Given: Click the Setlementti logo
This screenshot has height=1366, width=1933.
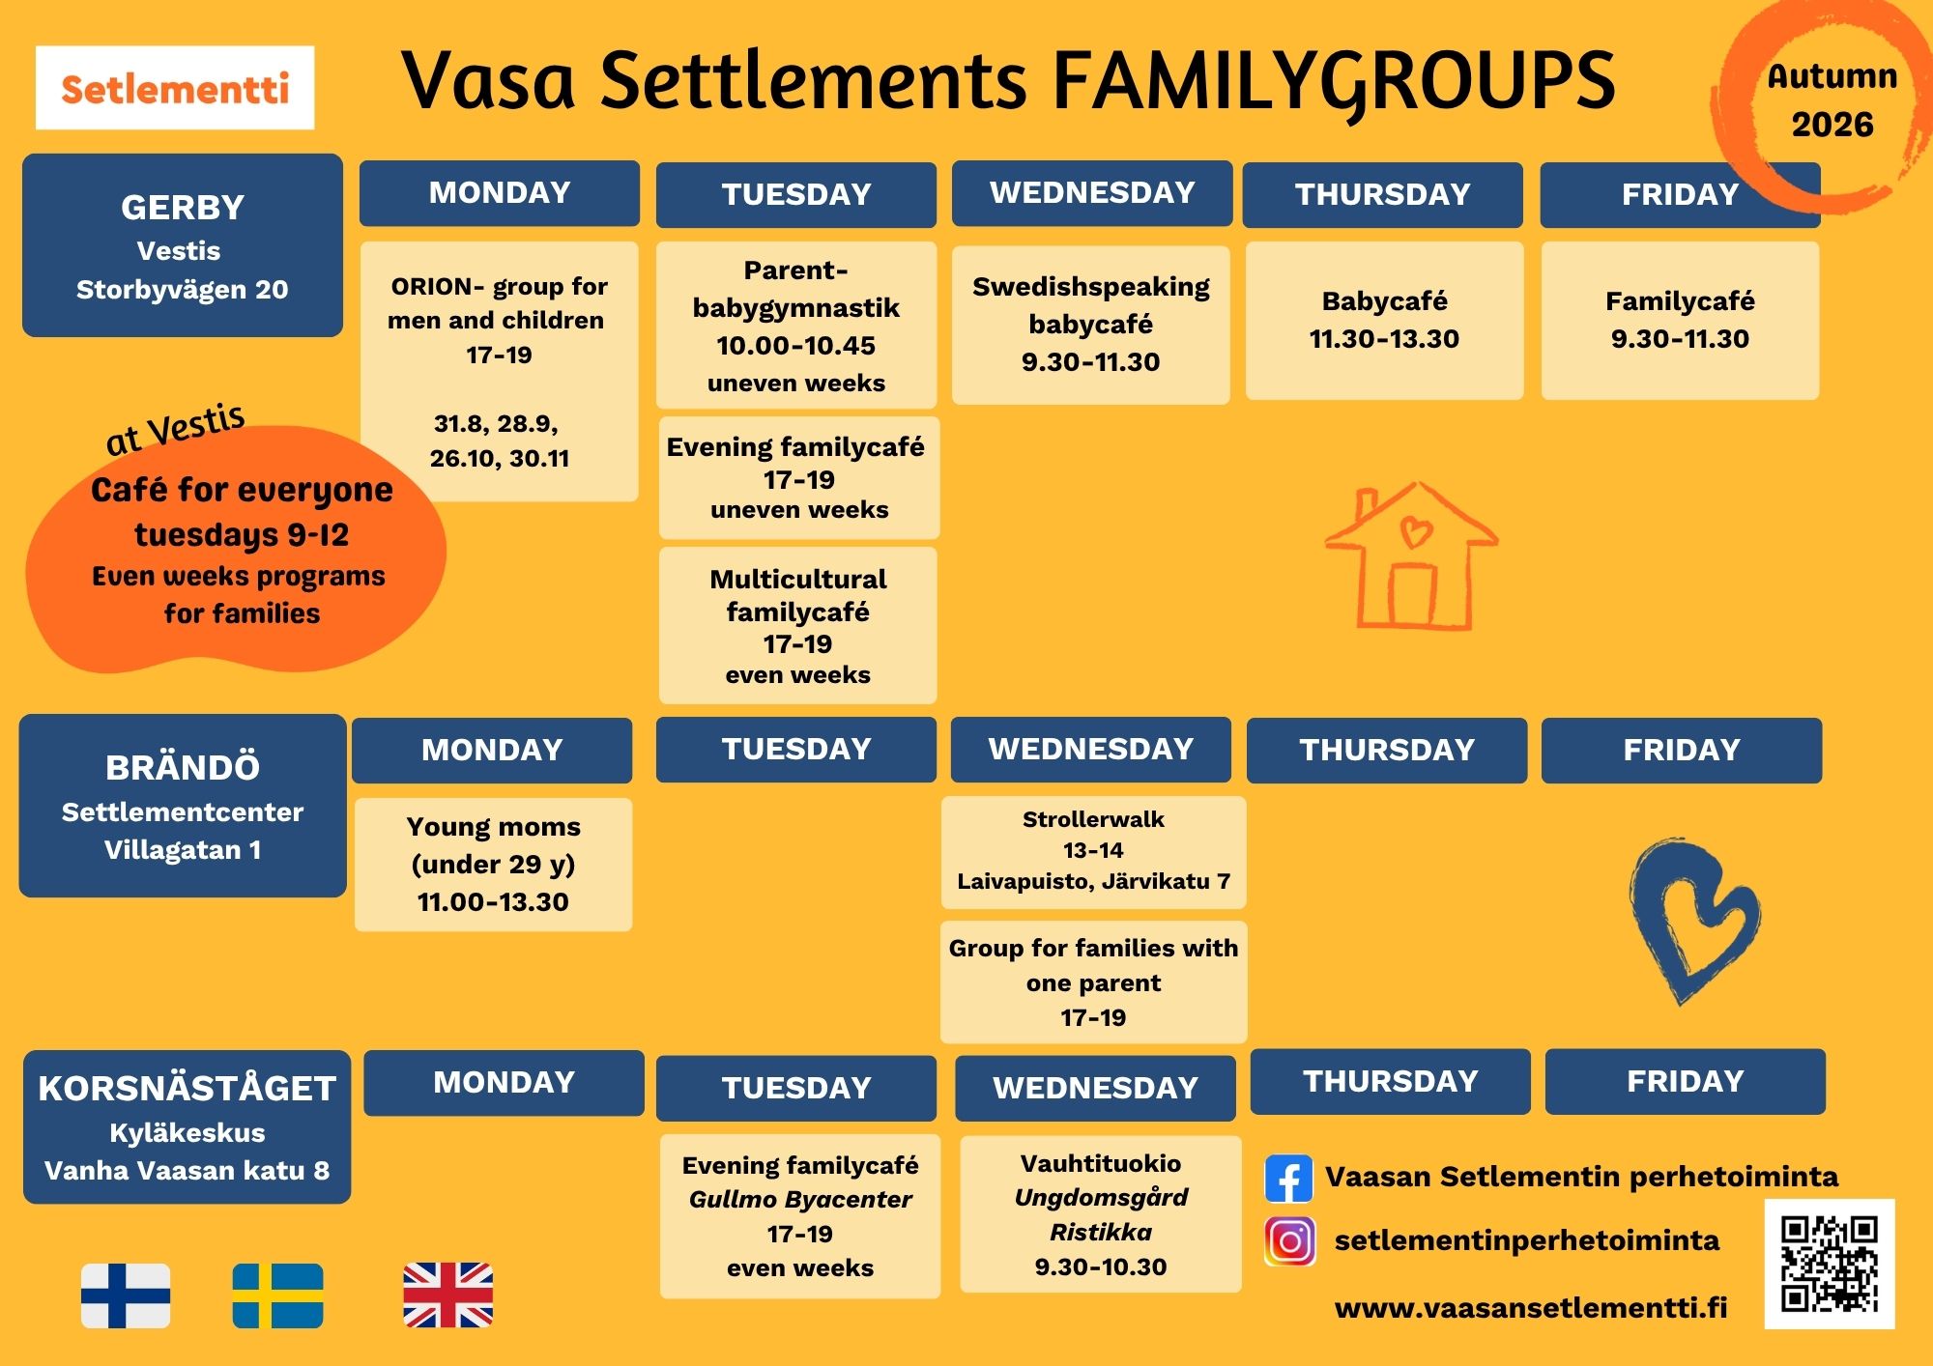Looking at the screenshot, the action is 175,88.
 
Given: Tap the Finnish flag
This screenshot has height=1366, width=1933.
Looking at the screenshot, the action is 126,1295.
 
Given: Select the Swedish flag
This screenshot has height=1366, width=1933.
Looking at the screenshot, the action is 278,1295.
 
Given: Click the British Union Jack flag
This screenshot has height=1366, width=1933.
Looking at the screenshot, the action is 448,1295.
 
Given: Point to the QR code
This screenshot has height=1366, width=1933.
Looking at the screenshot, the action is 1830,1264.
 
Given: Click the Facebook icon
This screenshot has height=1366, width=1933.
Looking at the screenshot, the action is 1288,1178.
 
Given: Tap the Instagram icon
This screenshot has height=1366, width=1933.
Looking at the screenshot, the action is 1289,1241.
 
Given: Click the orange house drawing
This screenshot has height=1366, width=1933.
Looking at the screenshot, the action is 1412,557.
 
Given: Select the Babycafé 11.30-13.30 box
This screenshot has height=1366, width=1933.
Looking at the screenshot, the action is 1384,321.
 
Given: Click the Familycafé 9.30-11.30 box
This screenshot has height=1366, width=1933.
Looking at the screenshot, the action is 1680,321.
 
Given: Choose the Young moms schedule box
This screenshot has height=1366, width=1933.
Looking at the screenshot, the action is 493,865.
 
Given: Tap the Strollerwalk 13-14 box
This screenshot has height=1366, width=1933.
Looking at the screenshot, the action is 1093,852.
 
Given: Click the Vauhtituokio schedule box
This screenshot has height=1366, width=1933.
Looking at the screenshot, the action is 1101,1214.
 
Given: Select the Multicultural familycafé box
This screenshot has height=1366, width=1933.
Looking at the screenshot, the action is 797,626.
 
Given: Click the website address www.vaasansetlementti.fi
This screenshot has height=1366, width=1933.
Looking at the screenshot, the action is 1531,1308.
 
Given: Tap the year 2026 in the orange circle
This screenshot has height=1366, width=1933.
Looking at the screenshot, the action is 1832,125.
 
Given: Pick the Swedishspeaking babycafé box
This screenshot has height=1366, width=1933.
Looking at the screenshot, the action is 1091,325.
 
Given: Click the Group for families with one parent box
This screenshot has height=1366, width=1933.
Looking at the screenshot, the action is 1093,982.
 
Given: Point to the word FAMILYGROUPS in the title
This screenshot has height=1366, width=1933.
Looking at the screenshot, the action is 1334,81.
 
